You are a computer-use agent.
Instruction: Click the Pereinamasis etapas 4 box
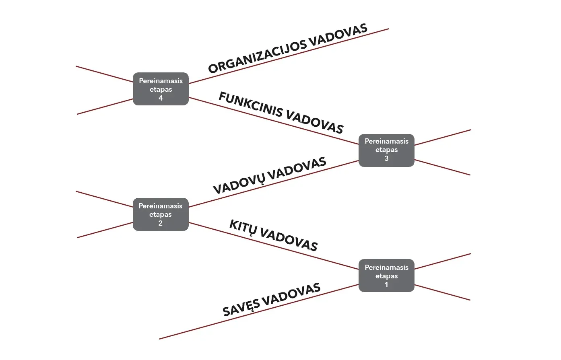point(161,89)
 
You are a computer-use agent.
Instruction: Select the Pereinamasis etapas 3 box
point(386,150)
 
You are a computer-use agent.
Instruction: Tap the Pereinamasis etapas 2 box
point(161,214)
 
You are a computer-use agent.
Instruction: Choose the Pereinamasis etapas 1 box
point(386,276)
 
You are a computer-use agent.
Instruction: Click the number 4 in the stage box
point(161,98)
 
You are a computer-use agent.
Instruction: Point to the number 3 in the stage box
point(386,158)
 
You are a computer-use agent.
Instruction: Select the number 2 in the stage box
point(161,223)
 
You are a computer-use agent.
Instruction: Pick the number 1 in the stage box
point(386,285)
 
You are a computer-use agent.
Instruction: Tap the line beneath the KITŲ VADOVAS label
point(274,246)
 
